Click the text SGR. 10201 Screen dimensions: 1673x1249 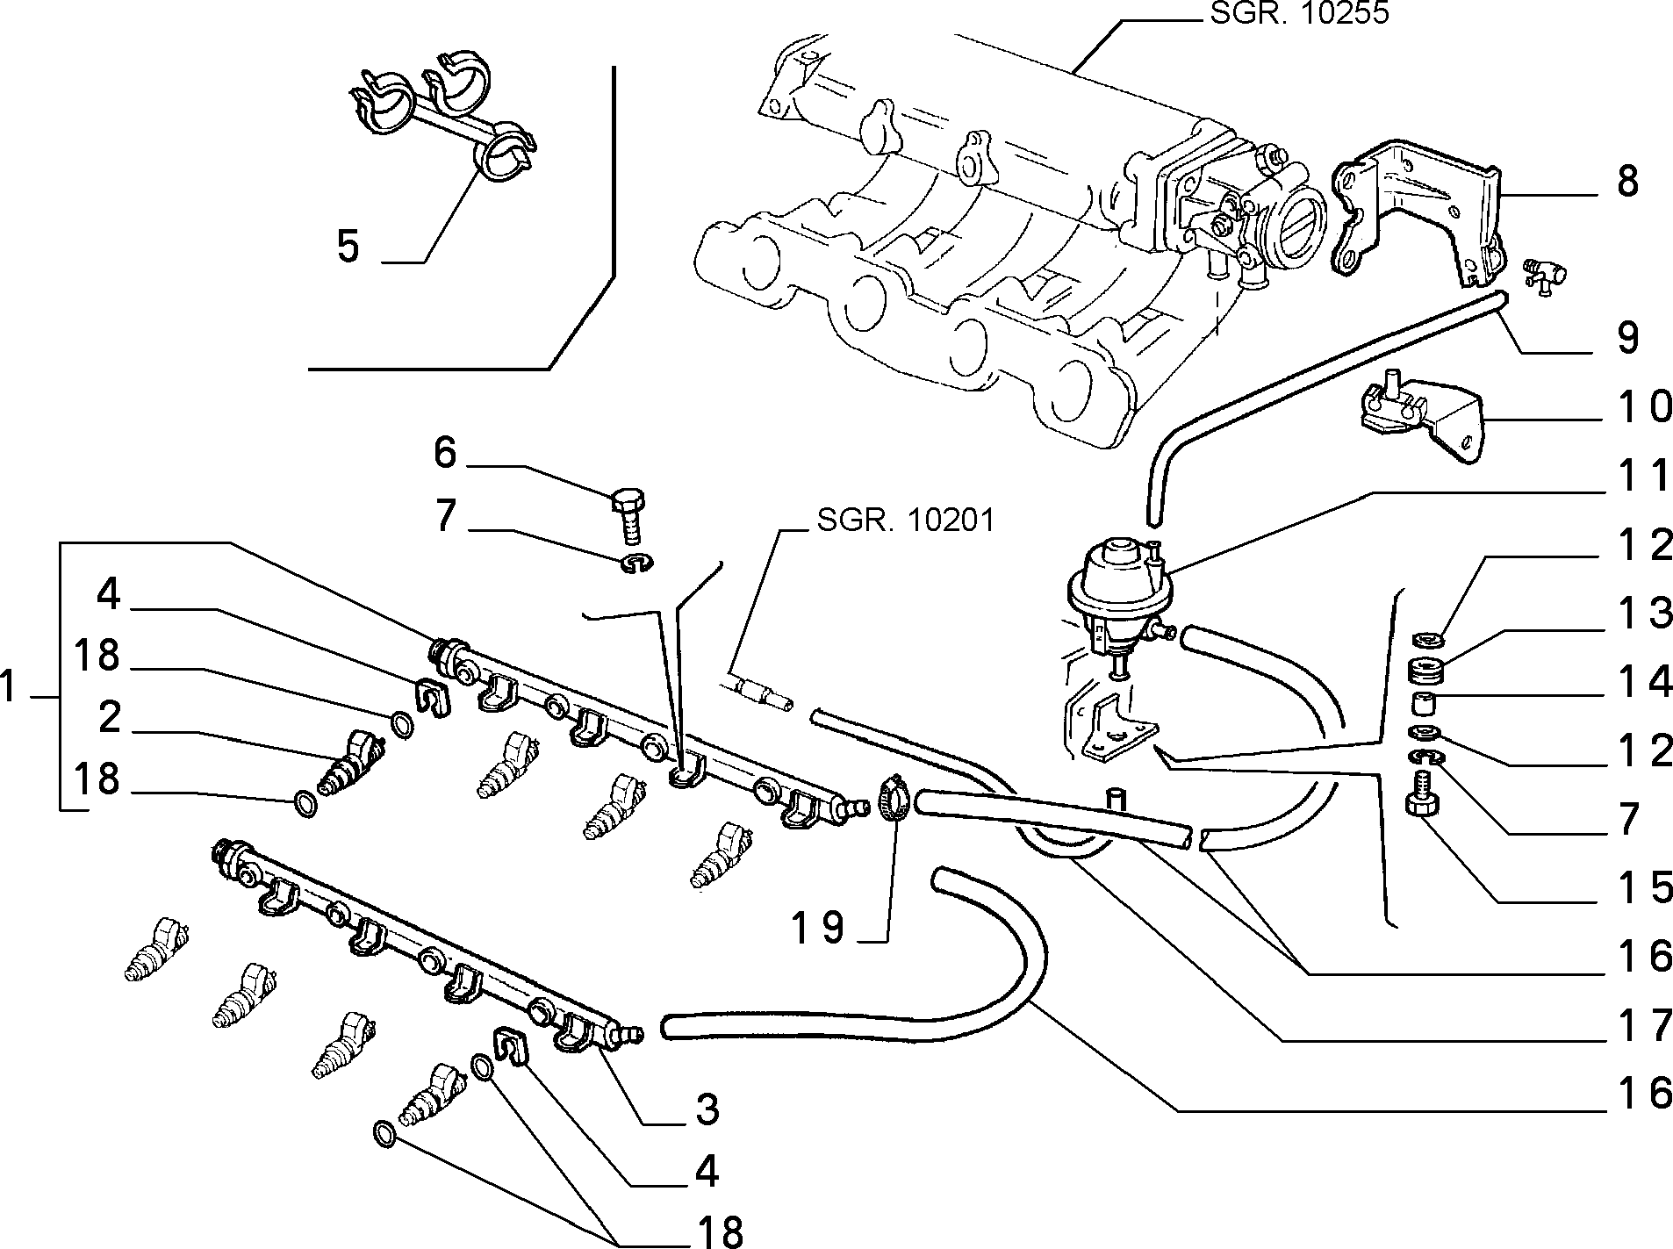[906, 520]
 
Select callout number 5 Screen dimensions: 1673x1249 [348, 247]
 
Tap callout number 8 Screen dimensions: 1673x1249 [1627, 182]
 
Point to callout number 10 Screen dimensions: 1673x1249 [1635, 407]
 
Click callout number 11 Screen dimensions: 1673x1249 [1635, 476]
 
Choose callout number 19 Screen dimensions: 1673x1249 [817, 927]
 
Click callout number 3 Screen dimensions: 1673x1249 [707, 1109]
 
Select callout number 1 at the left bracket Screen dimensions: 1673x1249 [10, 686]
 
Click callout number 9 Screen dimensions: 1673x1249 [1627, 338]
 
